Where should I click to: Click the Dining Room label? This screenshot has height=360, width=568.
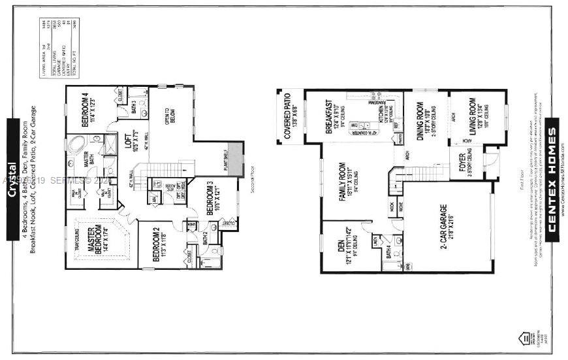(422, 118)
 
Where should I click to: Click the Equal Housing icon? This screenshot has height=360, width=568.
(522, 338)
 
